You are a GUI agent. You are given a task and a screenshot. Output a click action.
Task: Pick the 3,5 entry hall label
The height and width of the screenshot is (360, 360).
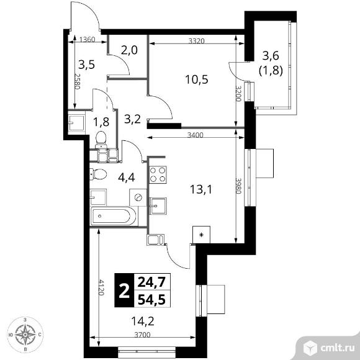click(86, 64)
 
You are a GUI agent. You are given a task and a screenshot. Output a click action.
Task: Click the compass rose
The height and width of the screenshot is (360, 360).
click(25, 336)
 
